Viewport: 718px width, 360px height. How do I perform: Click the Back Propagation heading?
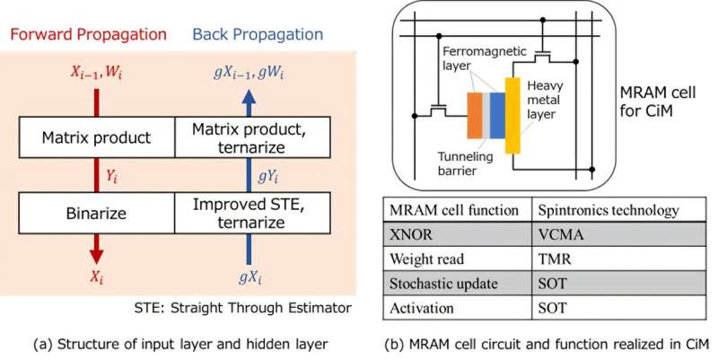pyautogui.click(x=259, y=35)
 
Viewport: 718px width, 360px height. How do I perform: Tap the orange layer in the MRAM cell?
pyautogui.click(x=474, y=120)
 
